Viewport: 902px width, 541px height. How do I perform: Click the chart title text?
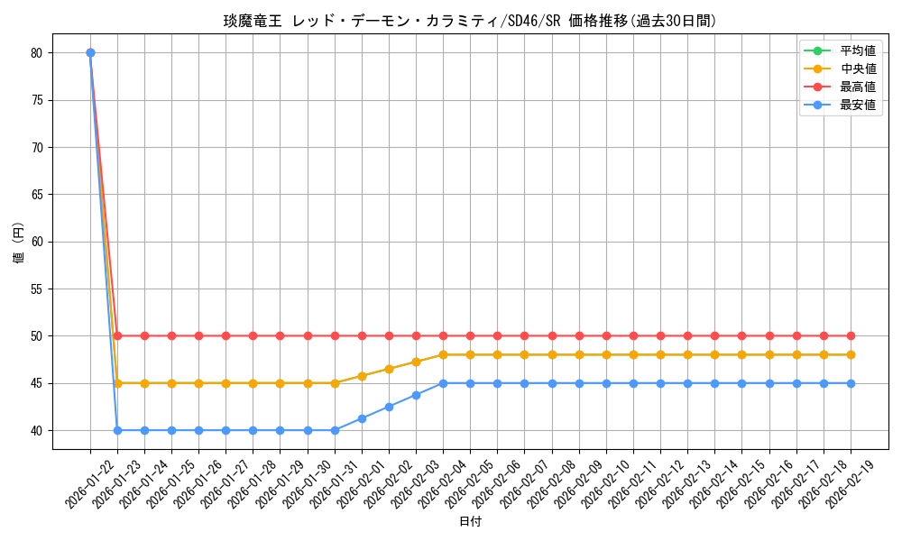click(x=470, y=21)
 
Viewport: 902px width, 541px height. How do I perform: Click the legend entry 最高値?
click(x=858, y=87)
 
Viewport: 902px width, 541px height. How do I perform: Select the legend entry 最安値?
click(x=858, y=105)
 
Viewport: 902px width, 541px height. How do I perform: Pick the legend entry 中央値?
click(x=858, y=69)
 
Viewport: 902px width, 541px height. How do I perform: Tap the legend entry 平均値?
click(x=858, y=50)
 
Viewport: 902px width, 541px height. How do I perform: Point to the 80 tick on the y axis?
click(x=37, y=52)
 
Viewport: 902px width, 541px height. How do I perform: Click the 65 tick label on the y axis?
click(x=37, y=194)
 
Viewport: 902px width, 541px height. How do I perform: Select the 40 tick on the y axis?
click(x=37, y=430)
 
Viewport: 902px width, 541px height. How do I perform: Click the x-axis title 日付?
click(x=470, y=521)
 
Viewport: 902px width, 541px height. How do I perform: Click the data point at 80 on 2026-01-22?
click(x=90, y=52)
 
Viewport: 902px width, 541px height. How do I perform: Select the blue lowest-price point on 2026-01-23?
click(x=117, y=430)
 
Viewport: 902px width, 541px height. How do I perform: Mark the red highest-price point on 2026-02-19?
click(x=851, y=335)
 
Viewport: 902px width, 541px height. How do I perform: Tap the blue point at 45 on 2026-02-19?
click(x=851, y=383)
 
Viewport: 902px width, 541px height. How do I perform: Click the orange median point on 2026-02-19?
click(x=851, y=354)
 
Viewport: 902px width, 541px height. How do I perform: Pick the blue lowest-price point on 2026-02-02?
click(x=389, y=407)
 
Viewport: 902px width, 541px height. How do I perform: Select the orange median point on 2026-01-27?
click(x=225, y=383)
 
